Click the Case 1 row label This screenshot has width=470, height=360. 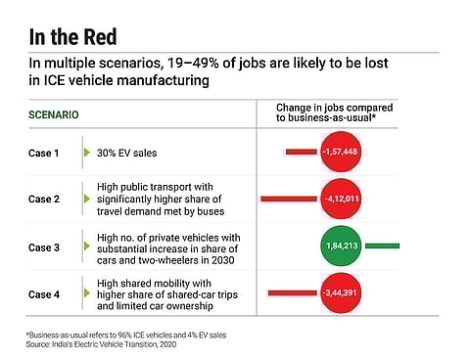[x=44, y=153]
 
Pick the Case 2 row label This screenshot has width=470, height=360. [x=44, y=200]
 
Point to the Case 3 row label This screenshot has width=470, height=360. [x=44, y=247]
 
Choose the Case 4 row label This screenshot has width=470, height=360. [x=44, y=292]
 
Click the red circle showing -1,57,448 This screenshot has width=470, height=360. [x=340, y=153]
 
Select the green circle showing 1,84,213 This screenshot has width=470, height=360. [x=340, y=247]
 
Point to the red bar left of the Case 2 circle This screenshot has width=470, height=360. [x=288, y=200]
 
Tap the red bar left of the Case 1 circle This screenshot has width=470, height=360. [x=299, y=153]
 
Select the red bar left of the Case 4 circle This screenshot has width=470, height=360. [x=292, y=292]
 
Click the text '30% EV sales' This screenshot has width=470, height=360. [x=127, y=153]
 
